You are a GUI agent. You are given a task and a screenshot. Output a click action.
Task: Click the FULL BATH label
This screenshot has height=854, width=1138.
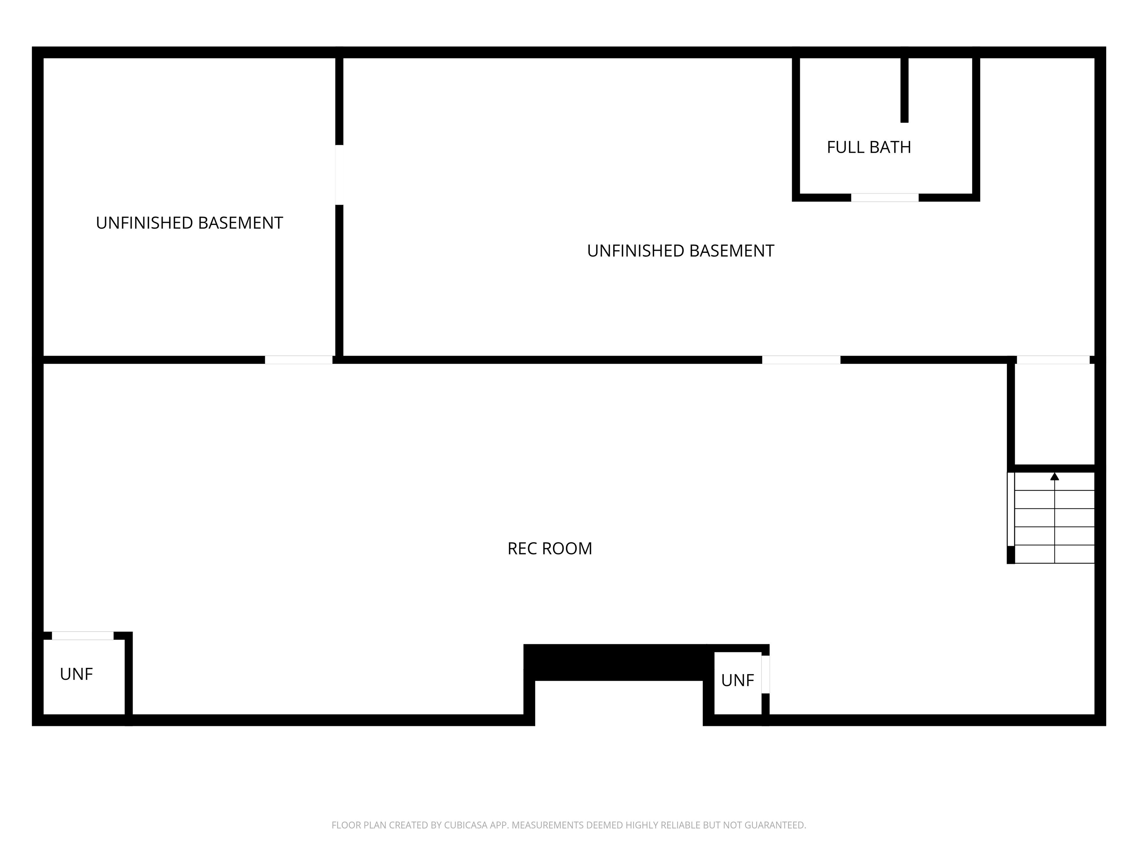[x=869, y=147]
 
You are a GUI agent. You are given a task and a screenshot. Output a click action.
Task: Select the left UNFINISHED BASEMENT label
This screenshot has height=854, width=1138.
[x=189, y=223]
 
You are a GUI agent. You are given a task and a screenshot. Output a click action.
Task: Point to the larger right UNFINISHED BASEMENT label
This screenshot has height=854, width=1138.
[x=680, y=251]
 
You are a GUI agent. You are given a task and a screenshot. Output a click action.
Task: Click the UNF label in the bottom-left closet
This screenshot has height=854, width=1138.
[x=76, y=674]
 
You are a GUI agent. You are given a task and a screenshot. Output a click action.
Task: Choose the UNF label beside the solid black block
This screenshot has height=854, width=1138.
[x=737, y=681]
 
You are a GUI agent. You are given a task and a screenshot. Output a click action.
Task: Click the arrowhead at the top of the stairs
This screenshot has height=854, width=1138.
[x=1055, y=476]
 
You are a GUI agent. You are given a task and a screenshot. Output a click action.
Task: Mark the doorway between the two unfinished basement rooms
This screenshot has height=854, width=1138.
[x=339, y=175]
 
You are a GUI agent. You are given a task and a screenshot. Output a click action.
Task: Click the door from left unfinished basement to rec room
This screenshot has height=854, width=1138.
[x=298, y=360]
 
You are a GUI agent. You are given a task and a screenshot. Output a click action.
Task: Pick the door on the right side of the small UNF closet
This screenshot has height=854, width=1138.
[x=766, y=674]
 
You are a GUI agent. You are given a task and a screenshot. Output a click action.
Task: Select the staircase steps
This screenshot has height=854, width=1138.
[x=1054, y=518]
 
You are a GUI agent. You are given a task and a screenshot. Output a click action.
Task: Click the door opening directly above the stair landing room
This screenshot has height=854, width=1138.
[x=1053, y=360]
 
